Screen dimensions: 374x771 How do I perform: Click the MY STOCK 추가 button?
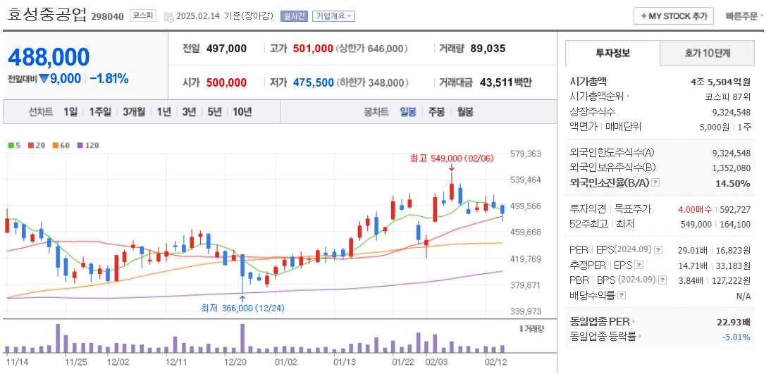673,15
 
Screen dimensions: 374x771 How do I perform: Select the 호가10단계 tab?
707,53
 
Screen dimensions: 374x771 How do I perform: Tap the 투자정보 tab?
612,53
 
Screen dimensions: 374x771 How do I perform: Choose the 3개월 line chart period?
133,111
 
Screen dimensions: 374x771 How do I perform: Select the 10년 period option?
242,111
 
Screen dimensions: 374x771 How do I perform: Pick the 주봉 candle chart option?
436,111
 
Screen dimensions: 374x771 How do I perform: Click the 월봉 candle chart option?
464,111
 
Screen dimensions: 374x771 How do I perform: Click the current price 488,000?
49,57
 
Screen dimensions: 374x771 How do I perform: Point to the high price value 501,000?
312,49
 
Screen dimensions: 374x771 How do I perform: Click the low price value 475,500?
313,82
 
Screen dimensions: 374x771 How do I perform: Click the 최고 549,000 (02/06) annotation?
451,158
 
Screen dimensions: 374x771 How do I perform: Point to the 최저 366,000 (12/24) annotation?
242,308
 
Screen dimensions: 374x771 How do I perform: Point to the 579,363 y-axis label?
525,154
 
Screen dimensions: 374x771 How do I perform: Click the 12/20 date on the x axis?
235,361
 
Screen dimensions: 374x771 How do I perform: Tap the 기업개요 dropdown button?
333,16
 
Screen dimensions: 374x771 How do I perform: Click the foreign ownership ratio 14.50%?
733,183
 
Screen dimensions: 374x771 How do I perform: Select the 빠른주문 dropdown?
744,15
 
